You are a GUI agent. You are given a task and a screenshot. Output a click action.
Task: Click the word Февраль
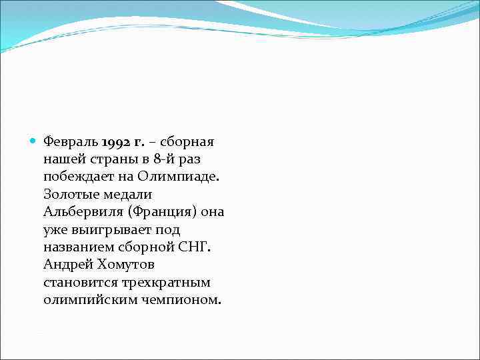71,142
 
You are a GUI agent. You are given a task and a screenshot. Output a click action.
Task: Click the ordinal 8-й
165,160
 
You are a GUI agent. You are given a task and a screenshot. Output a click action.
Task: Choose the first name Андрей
65,265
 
